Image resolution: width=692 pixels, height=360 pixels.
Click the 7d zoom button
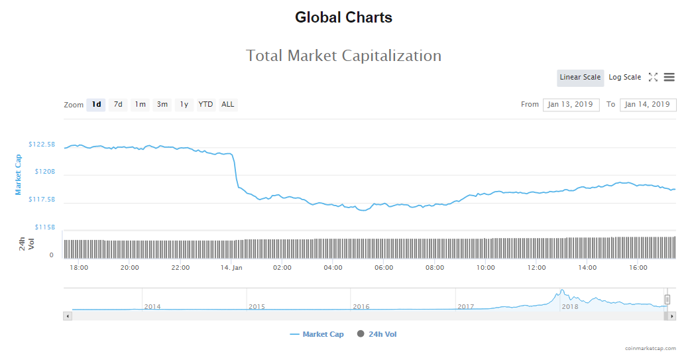point(118,105)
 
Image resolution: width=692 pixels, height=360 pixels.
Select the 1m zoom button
point(140,105)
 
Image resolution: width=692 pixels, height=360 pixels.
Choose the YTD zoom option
point(206,105)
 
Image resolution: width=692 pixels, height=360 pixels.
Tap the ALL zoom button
point(227,105)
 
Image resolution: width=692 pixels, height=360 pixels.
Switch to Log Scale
point(624,78)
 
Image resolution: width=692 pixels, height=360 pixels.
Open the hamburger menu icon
point(669,78)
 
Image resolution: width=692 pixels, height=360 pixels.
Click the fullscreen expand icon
point(653,78)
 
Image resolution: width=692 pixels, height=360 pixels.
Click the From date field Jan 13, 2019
point(571,105)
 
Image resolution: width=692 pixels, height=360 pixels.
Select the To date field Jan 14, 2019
point(648,105)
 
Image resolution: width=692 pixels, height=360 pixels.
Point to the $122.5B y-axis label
point(42,144)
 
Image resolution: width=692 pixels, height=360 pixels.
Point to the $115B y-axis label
point(44,227)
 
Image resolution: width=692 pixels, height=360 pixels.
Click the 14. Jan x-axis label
point(231,268)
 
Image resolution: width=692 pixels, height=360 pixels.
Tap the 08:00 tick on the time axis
point(435,268)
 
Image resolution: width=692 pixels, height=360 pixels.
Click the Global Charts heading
point(343,18)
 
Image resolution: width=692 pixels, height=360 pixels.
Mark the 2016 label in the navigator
point(361,306)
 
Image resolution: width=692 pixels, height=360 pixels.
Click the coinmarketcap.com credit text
point(650,348)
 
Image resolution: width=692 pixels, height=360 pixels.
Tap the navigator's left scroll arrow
point(67,316)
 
